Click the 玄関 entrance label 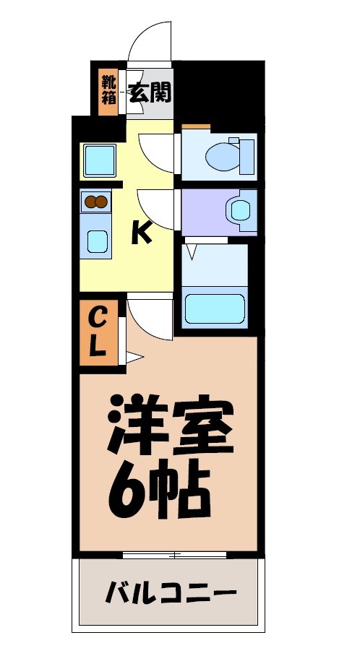point(150,92)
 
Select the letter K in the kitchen point(141,233)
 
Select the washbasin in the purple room point(239,210)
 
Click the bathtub point(215,308)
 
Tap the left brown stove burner point(90,202)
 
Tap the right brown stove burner point(103,202)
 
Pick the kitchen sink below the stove point(96,241)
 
